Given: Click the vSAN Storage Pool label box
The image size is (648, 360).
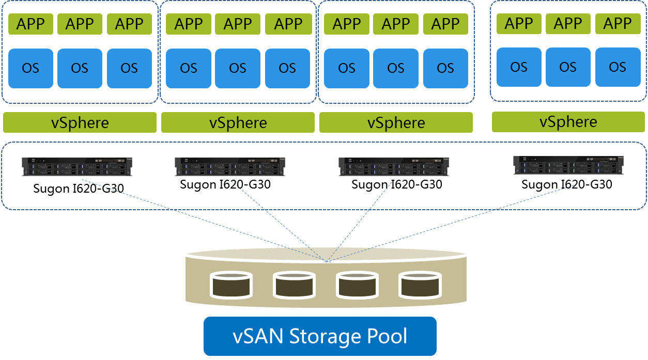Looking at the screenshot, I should tap(320, 336).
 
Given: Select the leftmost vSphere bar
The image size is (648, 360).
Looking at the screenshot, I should tap(80, 123).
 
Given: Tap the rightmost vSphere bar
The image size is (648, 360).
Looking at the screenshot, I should tap(568, 122).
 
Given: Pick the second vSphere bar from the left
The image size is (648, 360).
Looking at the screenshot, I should tap(238, 123).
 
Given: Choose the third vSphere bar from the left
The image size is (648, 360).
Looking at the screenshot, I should tap(396, 123).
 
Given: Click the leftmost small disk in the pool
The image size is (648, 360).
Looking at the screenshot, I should tap(230, 285).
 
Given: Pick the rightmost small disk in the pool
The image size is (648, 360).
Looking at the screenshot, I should tap(421, 285).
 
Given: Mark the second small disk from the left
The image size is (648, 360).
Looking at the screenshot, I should tap(294, 285).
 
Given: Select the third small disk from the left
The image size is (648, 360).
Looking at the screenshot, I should tap(357, 285).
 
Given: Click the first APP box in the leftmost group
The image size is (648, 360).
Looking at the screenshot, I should tap(30, 24).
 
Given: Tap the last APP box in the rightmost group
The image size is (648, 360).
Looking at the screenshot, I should tap(618, 24).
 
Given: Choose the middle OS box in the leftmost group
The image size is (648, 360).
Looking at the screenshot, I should tap(80, 68).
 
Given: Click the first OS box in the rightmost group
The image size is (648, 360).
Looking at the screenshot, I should tap(518, 67).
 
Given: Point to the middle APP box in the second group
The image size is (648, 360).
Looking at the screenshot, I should tap(238, 24).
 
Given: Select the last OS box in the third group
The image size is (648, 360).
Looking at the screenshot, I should tap(445, 68).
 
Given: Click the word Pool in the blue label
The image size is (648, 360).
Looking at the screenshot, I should tap(387, 336).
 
